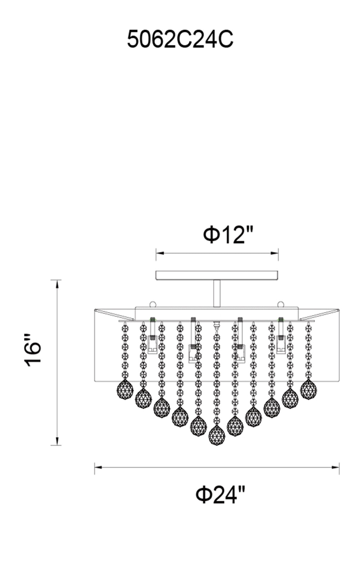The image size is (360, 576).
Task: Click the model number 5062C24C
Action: coord(180,39)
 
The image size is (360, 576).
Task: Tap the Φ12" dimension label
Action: coord(228,234)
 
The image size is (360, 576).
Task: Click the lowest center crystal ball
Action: coord(216,435)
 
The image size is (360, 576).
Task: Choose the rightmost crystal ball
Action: coord(308,389)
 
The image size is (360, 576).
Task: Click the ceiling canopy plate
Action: coord(217,275)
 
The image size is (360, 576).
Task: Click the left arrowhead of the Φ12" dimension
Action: coord(160,253)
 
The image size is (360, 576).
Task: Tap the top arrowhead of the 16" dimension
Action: coord(57,283)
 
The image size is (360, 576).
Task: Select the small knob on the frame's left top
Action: coord(153,304)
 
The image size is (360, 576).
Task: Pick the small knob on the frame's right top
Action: coord(281,304)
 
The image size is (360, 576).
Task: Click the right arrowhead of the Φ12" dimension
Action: coord(274,253)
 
